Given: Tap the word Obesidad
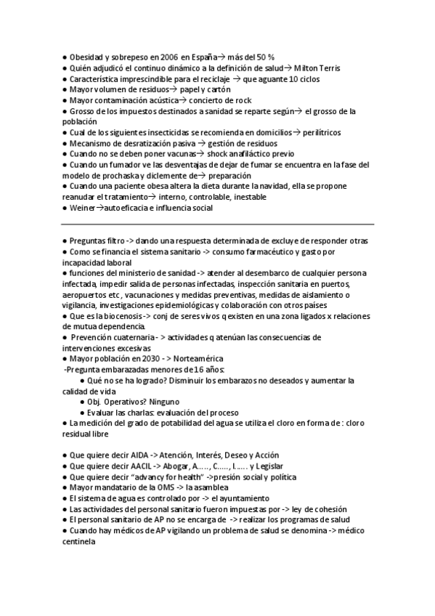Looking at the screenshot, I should [89, 57].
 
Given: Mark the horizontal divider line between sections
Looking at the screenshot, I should [218, 224].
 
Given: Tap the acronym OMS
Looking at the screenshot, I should [164, 487].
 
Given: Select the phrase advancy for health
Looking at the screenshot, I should [168, 477].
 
